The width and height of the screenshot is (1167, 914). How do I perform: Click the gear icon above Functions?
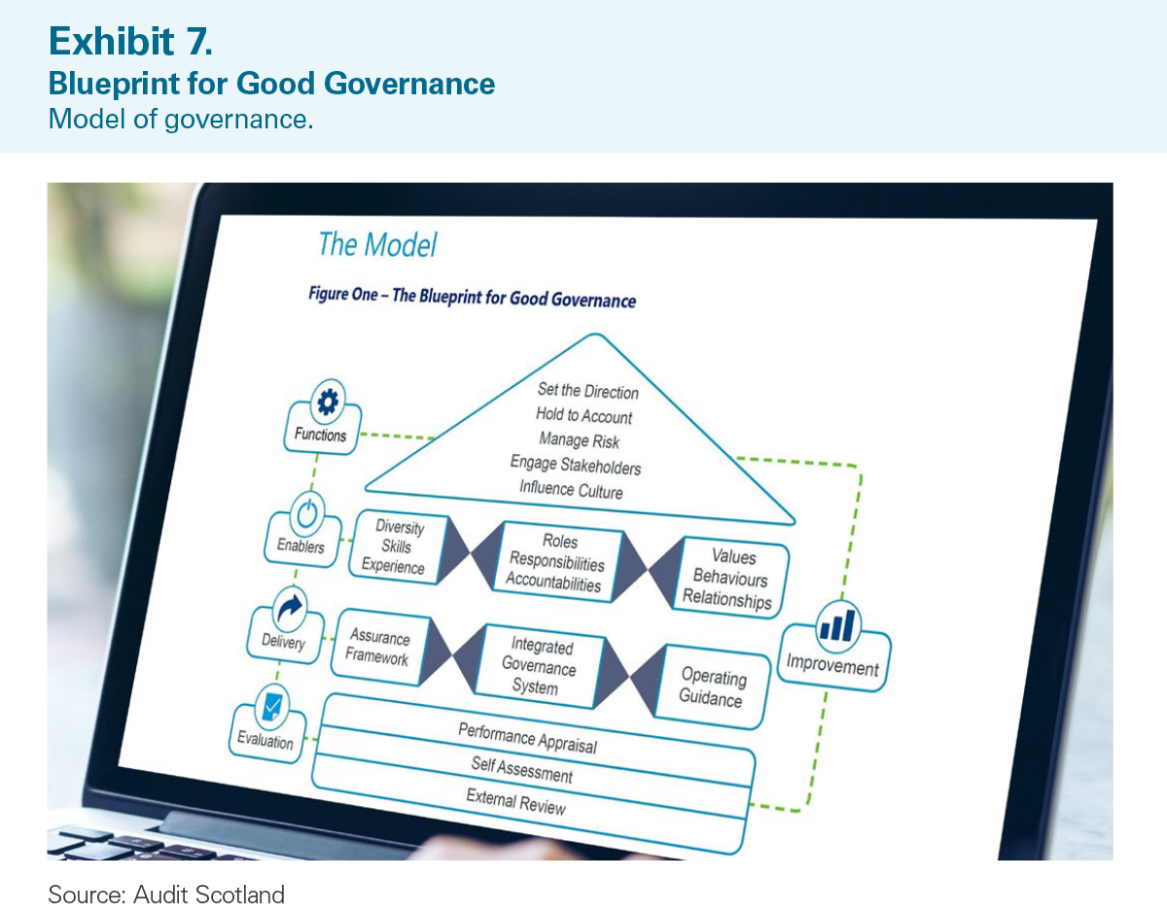(328, 402)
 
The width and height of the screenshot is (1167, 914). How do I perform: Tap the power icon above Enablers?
(307, 513)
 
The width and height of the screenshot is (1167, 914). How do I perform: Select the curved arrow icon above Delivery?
(290, 608)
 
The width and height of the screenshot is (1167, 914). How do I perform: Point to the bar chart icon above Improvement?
(837, 624)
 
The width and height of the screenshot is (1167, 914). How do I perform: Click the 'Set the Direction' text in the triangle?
(588, 391)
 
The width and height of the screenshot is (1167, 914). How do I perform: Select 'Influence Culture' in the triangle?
(571, 489)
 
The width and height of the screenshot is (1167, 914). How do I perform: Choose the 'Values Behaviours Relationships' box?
(730, 579)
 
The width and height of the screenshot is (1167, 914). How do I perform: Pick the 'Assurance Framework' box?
(380, 647)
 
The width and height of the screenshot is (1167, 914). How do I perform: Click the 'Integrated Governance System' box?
(540, 666)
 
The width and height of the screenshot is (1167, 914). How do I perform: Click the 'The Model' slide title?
(377, 245)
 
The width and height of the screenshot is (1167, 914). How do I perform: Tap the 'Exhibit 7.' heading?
(130, 41)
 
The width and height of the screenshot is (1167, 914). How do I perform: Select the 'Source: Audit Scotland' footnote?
(166, 895)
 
